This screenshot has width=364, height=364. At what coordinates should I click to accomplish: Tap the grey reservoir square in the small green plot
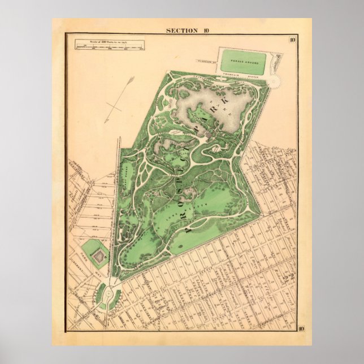[98, 257]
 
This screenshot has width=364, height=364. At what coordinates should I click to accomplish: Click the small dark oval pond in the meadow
[179, 246]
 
